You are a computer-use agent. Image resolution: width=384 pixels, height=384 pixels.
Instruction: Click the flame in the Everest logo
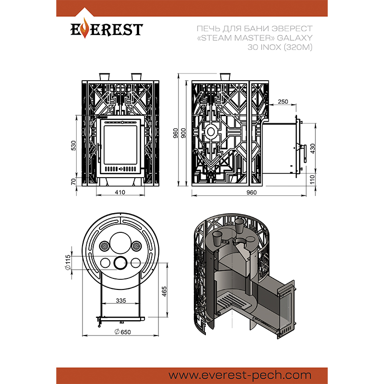(85, 28)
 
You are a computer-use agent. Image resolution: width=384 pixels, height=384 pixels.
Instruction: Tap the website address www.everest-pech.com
(240, 375)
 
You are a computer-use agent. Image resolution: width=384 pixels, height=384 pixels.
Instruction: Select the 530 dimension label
(73, 145)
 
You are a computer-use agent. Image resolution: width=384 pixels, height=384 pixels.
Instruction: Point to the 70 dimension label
(73, 181)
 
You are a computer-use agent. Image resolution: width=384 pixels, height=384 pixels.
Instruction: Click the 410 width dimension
(120, 192)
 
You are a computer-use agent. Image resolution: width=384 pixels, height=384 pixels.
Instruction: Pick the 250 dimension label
(283, 101)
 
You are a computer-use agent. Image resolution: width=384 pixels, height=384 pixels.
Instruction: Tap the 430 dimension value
(313, 149)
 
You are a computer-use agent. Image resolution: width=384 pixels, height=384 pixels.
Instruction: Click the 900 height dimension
(183, 133)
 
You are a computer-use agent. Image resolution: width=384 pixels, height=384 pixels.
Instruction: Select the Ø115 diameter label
(68, 262)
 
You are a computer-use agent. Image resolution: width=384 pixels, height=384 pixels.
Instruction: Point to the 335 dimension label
(121, 300)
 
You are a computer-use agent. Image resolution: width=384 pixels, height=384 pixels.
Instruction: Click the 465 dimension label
(164, 291)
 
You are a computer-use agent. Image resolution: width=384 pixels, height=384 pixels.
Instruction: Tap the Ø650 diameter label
(123, 332)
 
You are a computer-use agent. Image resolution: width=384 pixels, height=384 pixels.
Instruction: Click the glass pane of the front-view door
(120, 145)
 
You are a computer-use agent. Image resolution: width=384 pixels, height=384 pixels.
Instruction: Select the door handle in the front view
(99, 153)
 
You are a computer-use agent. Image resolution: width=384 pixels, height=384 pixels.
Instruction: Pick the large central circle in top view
(120, 243)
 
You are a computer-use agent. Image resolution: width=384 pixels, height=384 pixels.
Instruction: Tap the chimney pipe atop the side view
(225, 76)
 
